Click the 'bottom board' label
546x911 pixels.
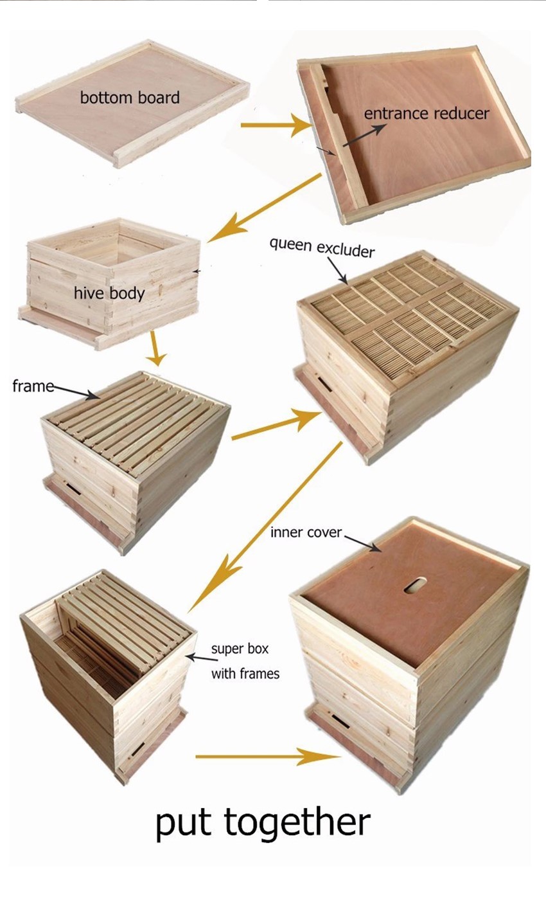click(130, 98)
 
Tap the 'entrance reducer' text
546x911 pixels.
click(426, 113)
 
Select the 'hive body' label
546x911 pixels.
click(109, 293)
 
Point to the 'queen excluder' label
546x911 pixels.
click(322, 248)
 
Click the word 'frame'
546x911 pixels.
click(33, 386)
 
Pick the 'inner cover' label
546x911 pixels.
click(306, 532)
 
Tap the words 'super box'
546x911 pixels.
click(240, 648)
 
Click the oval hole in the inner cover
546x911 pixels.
click(415, 584)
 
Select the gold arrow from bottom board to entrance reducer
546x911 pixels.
click(276, 125)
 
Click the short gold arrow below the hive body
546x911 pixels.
click(155, 348)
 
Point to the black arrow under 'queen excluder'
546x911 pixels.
click(337, 271)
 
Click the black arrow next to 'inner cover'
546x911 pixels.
click(362, 544)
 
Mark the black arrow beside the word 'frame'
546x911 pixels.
click(76, 392)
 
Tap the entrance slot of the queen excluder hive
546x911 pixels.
click(324, 384)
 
